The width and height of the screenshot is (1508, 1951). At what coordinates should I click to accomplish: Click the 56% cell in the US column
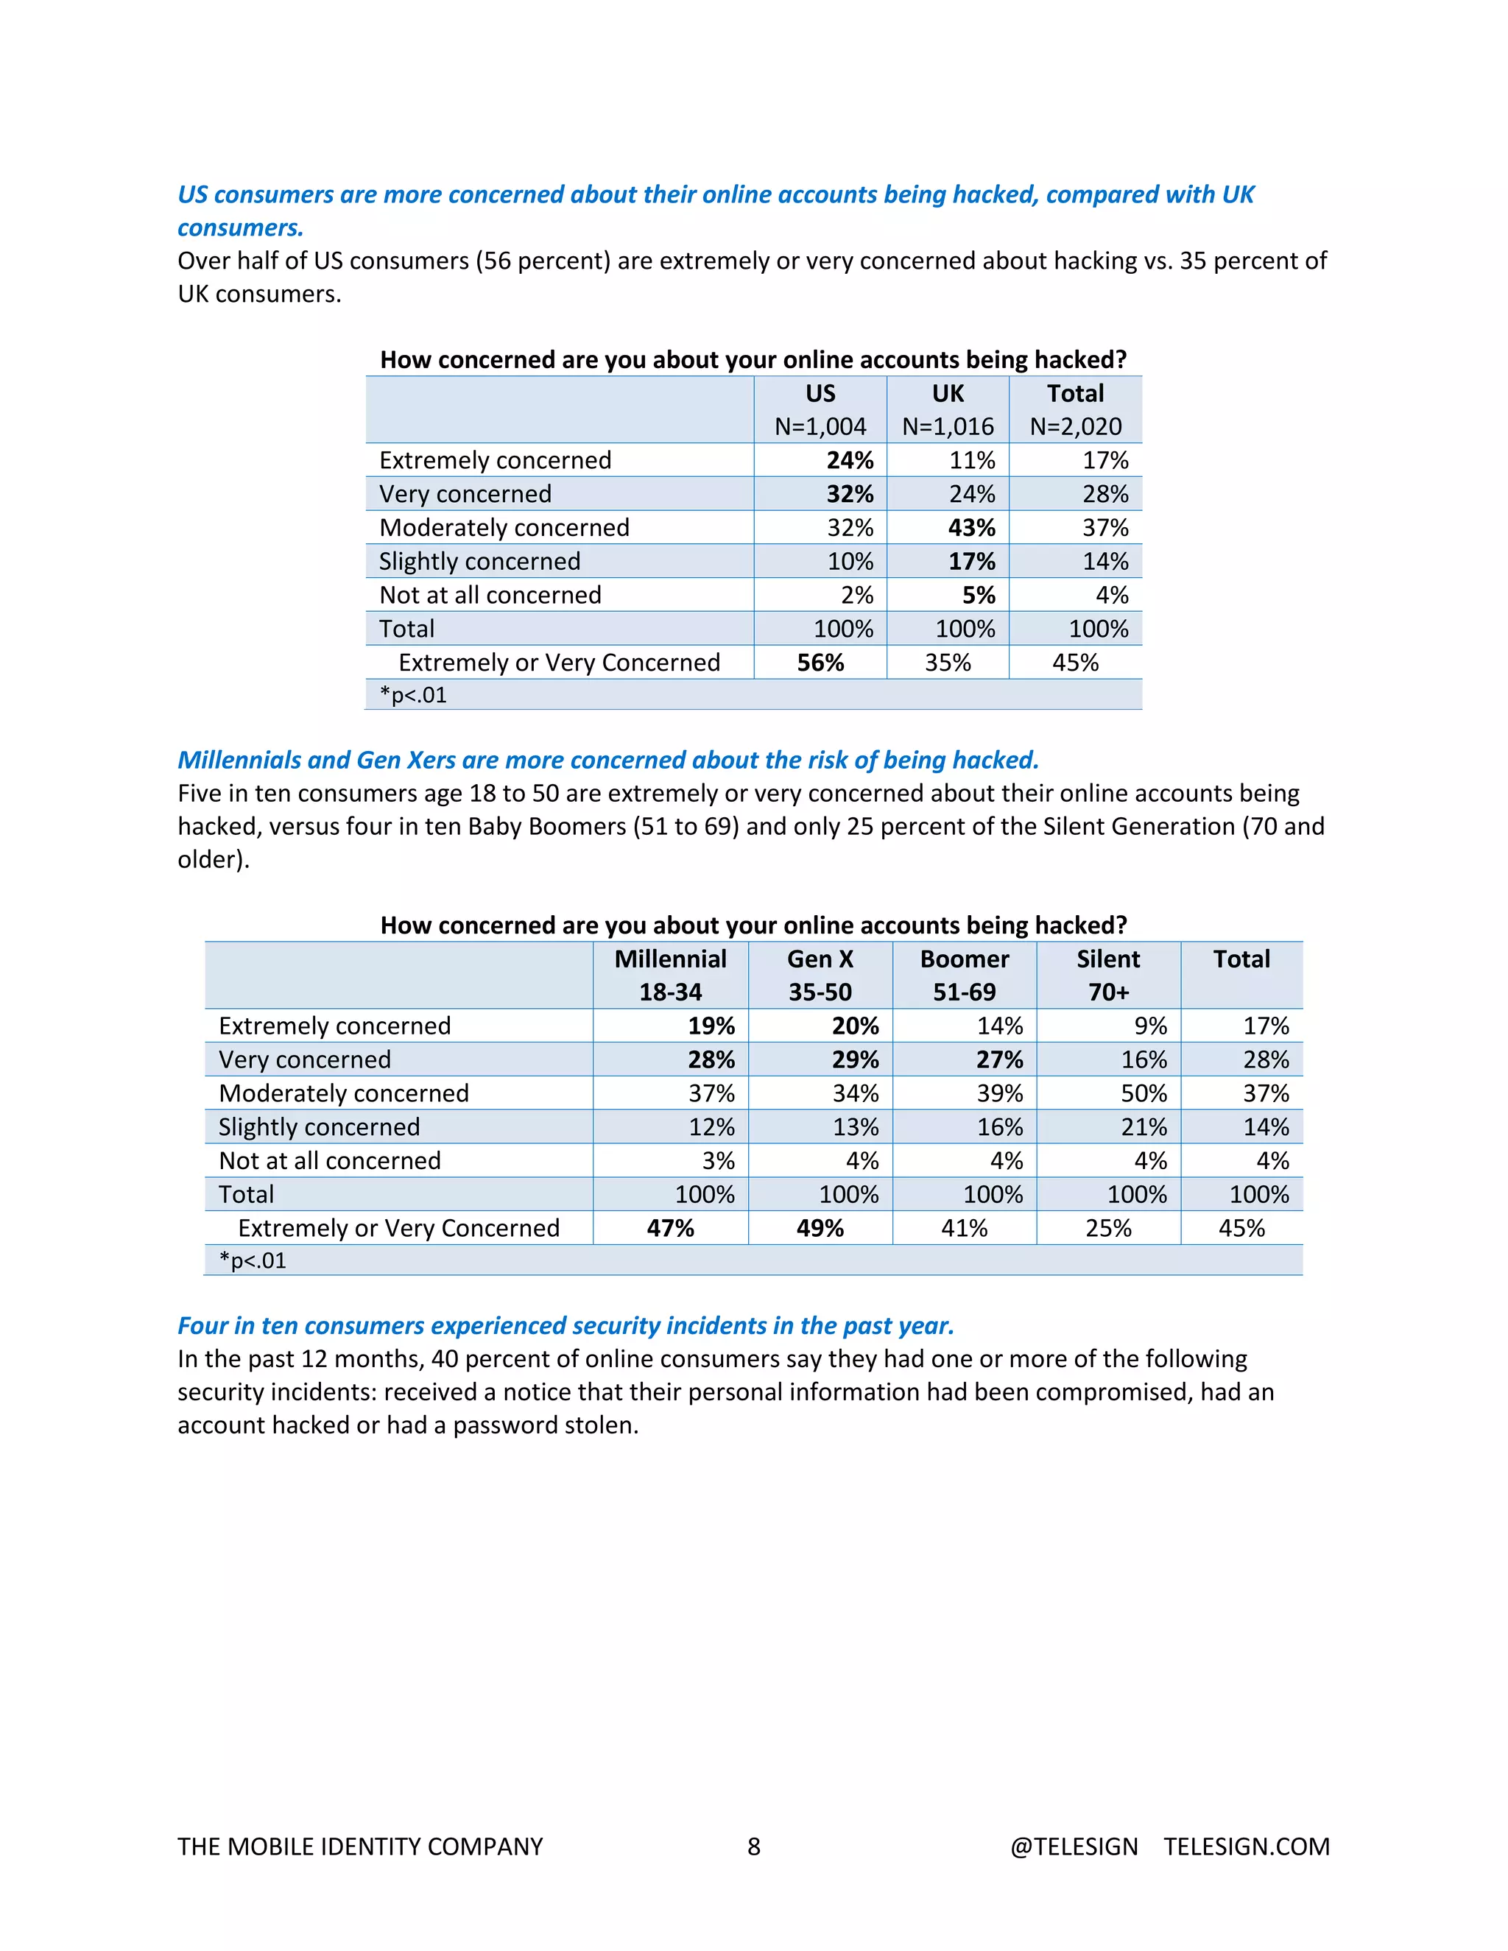tap(820, 663)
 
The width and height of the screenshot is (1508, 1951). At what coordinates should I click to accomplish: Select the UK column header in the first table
tap(948, 394)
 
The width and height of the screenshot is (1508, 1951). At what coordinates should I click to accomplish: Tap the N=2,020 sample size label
tap(1076, 427)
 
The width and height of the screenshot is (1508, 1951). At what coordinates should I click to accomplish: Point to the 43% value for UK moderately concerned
tap(972, 528)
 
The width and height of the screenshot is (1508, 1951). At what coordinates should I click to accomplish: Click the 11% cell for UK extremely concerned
tap(972, 461)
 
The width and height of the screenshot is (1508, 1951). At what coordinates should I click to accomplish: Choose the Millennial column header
tap(670, 959)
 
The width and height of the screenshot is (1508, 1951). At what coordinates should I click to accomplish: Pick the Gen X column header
tap(820, 959)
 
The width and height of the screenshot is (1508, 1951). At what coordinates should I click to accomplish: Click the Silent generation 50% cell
tap(1144, 1093)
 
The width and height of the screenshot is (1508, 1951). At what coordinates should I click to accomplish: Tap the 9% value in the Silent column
tap(1151, 1026)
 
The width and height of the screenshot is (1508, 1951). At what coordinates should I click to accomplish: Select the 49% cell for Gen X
tap(820, 1228)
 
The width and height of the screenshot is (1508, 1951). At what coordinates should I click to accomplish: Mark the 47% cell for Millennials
tap(670, 1228)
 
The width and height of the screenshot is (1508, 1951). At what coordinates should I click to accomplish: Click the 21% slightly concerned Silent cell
tap(1144, 1127)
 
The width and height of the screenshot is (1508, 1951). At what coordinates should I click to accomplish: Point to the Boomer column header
tap(964, 959)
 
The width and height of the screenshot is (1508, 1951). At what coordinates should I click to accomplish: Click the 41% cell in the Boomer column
tap(964, 1228)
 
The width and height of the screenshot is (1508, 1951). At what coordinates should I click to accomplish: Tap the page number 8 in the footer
tap(754, 1846)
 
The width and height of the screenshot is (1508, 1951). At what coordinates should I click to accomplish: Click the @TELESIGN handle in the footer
tap(1074, 1846)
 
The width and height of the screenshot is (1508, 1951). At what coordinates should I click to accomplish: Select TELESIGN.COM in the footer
tap(1247, 1846)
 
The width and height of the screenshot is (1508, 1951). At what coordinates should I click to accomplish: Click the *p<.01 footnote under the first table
tap(413, 695)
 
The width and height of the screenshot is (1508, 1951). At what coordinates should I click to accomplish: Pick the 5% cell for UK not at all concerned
tap(979, 596)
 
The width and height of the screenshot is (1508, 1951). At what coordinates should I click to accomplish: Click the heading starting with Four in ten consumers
tap(565, 1326)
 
